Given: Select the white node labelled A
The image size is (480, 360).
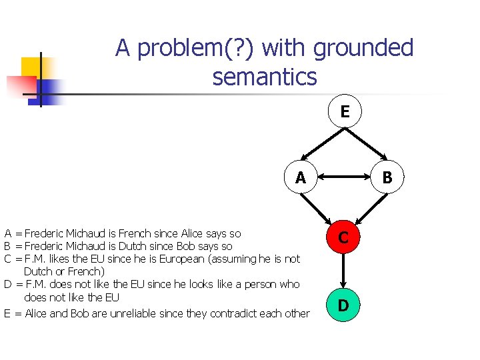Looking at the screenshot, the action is pos(301,178).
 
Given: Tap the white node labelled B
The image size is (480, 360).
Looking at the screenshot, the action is pos(387,178).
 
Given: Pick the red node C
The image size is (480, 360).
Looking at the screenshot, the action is pos(343,237).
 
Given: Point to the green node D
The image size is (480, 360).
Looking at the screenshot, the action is pos(343,306).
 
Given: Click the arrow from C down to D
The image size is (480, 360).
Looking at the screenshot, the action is pos(343,271).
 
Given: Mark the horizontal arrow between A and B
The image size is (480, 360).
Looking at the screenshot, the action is pos(343,178).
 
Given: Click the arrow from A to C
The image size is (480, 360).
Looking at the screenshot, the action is pos(321,207).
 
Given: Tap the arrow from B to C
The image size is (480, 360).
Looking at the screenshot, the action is pos(365,207).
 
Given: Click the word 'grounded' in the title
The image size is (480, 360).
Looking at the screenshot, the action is pos(363,48).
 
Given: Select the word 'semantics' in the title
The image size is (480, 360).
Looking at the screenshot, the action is pos(265,77).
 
